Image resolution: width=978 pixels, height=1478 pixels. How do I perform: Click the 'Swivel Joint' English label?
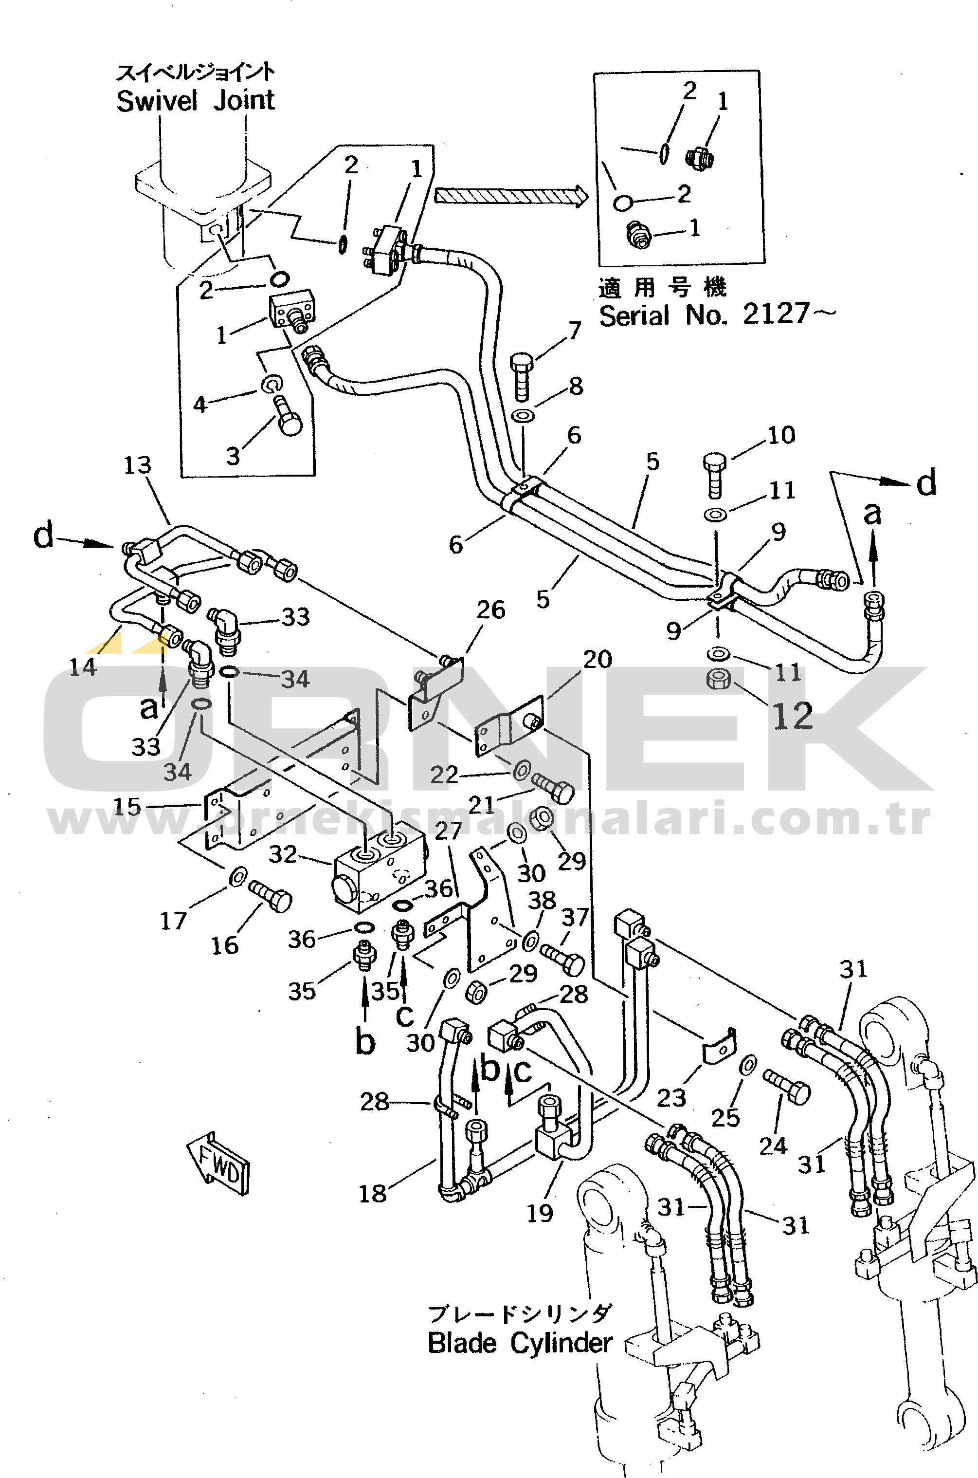point(195,100)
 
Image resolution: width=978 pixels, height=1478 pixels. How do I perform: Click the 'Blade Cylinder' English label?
point(520,1343)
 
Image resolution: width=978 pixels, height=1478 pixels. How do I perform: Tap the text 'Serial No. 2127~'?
point(717,314)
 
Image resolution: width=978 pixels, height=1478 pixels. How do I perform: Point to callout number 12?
point(793,716)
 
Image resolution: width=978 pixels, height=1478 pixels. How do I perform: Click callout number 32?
point(283,854)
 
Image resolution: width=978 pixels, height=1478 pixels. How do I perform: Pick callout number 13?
point(137,465)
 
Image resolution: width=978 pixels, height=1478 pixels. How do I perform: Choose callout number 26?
point(490,610)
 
